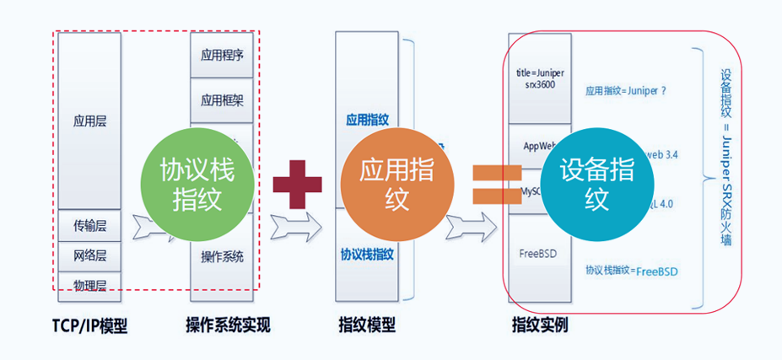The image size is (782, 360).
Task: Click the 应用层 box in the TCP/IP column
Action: coord(89,121)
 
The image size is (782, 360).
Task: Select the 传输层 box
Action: coord(89,225)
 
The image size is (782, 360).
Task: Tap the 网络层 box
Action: coord(89,255)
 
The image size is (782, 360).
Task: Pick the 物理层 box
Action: coord(89,286)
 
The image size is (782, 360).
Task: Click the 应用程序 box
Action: coord(222,56)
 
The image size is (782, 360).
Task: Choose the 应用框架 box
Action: coord(222,99)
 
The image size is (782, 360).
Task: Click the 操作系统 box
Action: coord(222,256)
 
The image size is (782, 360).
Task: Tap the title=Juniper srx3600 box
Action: coord(540,78)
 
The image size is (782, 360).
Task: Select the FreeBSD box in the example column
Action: coord(540,251)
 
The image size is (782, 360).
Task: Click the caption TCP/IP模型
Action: coord(90,325)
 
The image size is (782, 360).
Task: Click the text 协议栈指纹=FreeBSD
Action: coord(632,271)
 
